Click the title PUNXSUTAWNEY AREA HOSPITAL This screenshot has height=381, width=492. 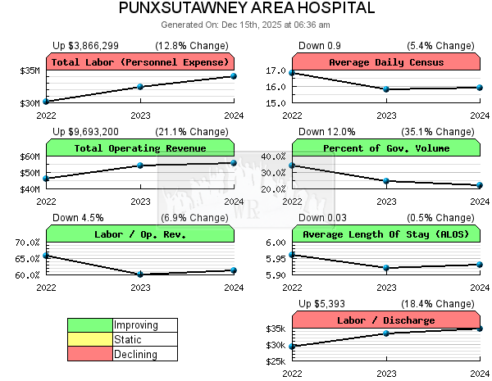click(x=246, y=9)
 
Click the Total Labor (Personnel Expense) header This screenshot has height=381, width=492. click(x=140, y=62)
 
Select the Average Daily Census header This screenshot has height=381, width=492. click(x=386, y=62)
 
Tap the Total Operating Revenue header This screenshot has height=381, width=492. click(x=140, y=148)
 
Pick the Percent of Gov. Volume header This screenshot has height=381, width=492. click(x=386, y=148)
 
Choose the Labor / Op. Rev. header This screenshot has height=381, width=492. click(x=140, y=234)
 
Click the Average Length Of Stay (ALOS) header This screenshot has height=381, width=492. click(x=386, y=234)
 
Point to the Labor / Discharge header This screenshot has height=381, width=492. click(x=386, y=320)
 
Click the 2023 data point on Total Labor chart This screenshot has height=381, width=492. click(x=140, y=86)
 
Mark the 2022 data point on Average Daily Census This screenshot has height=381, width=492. click(x=293, y=73)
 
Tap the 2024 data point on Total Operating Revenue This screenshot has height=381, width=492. click(x=234, y=162)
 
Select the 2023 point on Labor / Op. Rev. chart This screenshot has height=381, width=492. click(x=140, y=274)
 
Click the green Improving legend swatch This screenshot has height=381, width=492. click(x=90, y=325)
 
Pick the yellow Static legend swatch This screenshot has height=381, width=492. click(x=90, y=339)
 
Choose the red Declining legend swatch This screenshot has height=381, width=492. click(x=90, y=354)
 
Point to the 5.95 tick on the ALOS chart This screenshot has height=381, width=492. click(x=276, y=259)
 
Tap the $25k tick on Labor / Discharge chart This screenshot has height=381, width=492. click(x=276, y=361)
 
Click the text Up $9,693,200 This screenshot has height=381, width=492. click(x=85, y=131)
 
